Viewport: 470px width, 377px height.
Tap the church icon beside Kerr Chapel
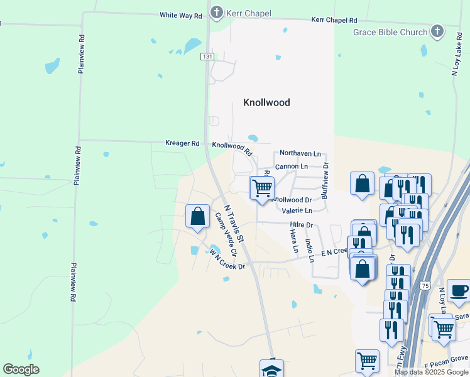217,12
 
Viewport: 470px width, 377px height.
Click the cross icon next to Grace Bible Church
437,31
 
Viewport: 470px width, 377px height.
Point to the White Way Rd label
180,14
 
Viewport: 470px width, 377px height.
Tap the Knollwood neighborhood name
266,102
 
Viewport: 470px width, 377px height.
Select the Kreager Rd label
182,143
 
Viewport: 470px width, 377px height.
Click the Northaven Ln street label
300,153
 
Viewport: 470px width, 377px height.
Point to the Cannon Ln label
292,167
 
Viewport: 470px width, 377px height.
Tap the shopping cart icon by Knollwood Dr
262,187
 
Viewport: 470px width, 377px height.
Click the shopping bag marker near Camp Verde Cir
198,216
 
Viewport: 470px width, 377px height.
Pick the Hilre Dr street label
301,225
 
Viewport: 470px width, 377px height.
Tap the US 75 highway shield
425,285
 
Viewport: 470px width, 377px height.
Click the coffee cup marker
459,290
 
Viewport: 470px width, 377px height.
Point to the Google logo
21,369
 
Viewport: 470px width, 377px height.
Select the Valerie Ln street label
297,211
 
